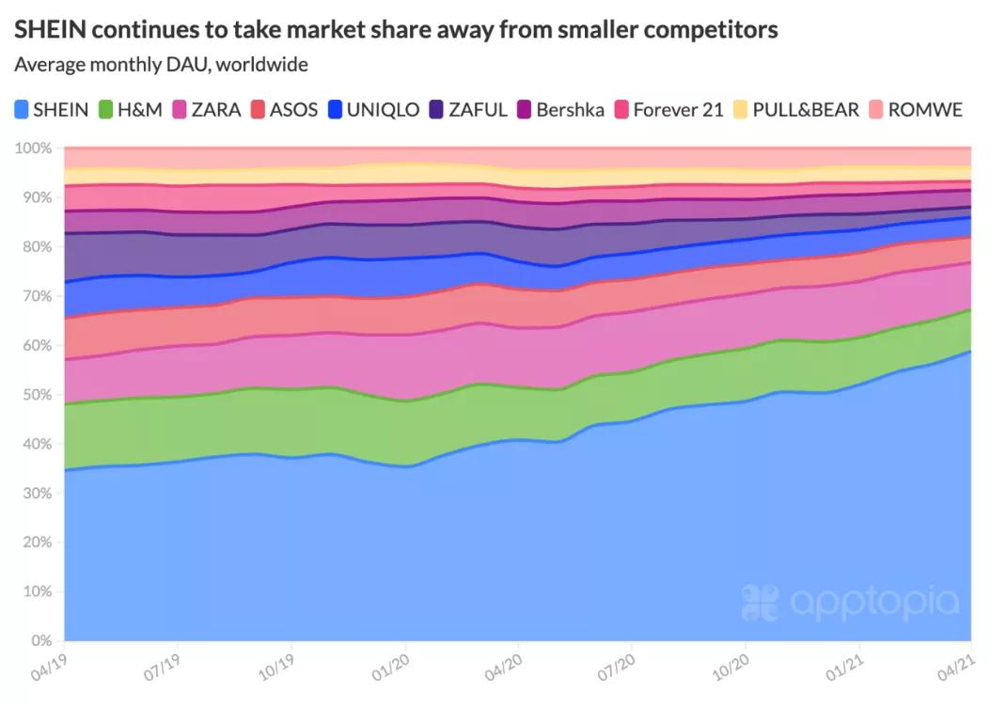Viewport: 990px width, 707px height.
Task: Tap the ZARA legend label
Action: coord(215,109)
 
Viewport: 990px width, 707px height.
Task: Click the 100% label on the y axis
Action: coord(34,149)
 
